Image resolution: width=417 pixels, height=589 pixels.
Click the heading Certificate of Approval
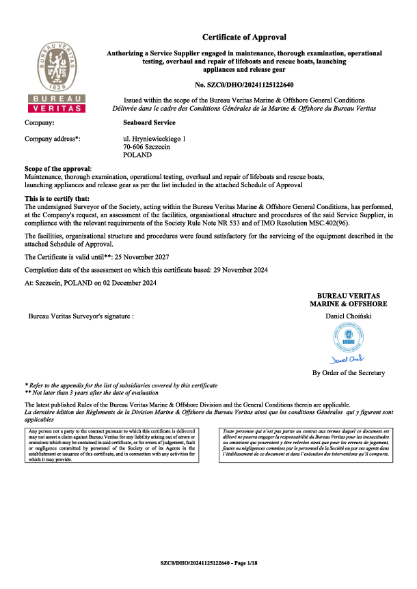coord(244,37)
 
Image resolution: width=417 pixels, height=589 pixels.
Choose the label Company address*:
coord(53,139)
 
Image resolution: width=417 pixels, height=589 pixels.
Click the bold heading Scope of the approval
coord(57,169)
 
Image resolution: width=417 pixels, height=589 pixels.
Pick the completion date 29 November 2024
coord(233,270)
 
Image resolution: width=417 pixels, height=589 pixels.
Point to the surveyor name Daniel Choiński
coord(349,316)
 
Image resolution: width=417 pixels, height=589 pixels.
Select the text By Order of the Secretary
coord(349,373)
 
